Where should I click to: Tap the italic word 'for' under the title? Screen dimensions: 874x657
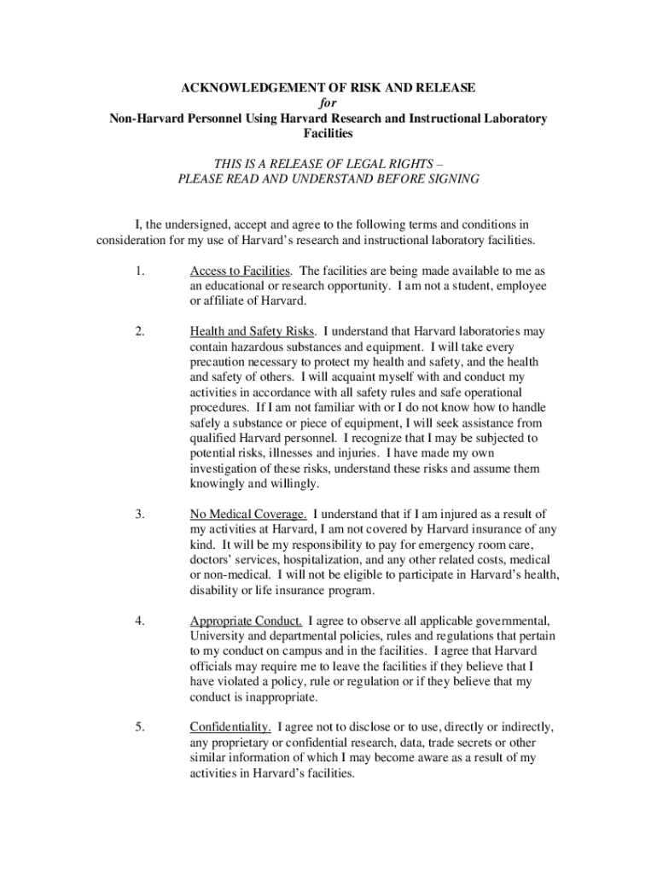point(328,103)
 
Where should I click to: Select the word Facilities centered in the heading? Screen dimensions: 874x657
point(328,134)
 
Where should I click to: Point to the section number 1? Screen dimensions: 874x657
point(139,271)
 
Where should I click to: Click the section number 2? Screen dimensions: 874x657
point(139,330)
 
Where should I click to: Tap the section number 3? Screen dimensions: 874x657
point(139,514)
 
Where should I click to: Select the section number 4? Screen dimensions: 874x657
point(139,621)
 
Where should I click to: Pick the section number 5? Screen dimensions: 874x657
point(139,727)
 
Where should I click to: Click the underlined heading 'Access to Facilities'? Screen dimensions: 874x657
point(241,271)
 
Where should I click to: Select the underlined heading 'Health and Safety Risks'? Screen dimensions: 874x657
point(253,330)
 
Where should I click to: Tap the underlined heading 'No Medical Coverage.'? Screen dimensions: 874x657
point(248,514)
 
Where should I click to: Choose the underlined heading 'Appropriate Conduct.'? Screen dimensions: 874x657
point(246,621)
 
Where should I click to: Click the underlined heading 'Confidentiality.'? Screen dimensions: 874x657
point(231,727)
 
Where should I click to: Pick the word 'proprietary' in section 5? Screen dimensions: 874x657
point(240,743)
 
